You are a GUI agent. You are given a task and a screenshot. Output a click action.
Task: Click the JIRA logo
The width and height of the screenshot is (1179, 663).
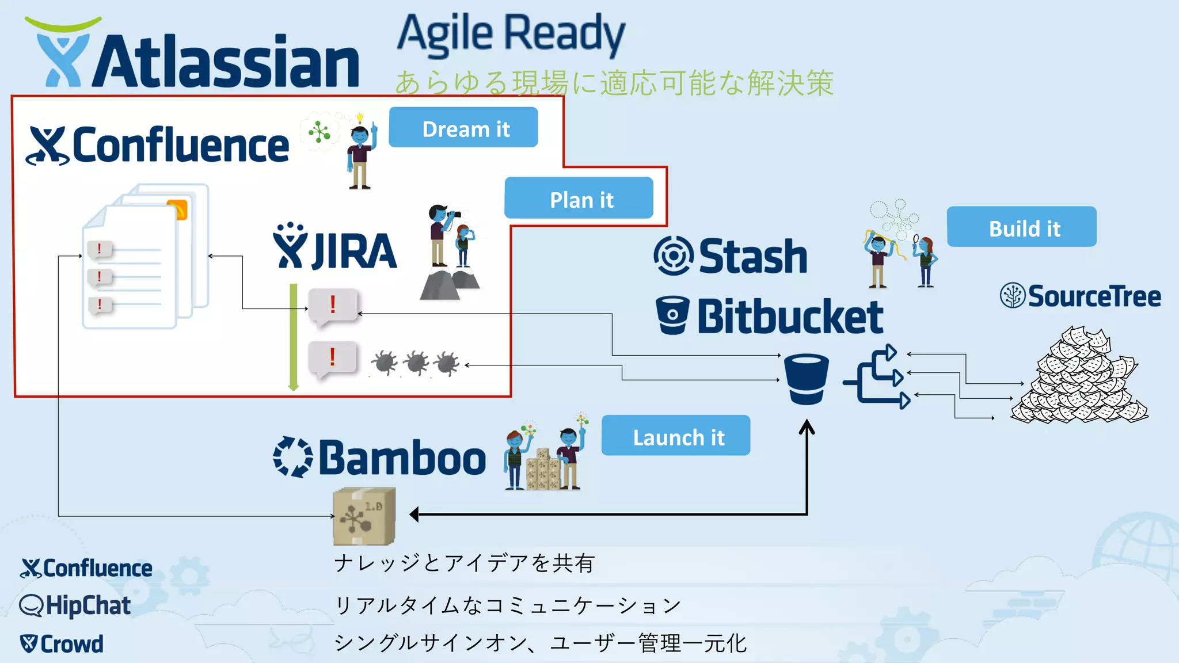pyautogui.click(x=336, y=247)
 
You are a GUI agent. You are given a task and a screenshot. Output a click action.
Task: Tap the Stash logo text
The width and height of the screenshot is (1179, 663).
pyautogui.click(x=752, y=257)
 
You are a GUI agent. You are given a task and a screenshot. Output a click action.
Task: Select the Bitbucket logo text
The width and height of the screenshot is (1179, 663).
pyautogui.click(x=790, y=317)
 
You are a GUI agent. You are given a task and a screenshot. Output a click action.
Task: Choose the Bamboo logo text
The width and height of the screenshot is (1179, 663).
pyautogui.click(x=402, y=458)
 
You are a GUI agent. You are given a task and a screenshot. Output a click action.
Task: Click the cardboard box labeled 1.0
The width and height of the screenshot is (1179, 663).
pyautogui.click(x=364, y=516)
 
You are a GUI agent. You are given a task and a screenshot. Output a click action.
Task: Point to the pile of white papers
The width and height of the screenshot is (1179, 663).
pyautogui.click(x=1079, y=376)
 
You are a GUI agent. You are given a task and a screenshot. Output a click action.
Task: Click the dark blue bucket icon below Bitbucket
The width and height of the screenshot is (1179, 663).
pyautogui.click(x=807, y=379)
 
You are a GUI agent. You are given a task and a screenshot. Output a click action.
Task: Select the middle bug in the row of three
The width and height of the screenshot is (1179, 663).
pyautogui.click(x=416, y=363)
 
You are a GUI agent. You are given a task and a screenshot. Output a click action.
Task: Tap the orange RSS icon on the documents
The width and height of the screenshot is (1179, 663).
pyautogui.click(x=177, y=209)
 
